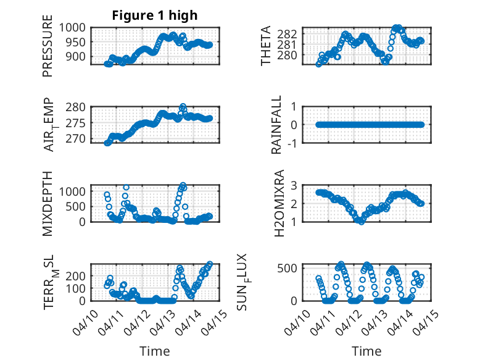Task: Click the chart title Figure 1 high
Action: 155,15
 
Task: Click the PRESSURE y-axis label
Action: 48,49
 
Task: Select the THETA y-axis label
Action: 266,46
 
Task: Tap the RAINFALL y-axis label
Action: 277,125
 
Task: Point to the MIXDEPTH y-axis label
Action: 48,203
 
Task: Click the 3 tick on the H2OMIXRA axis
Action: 305,185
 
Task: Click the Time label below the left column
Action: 155,351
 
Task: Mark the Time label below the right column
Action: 366,351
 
